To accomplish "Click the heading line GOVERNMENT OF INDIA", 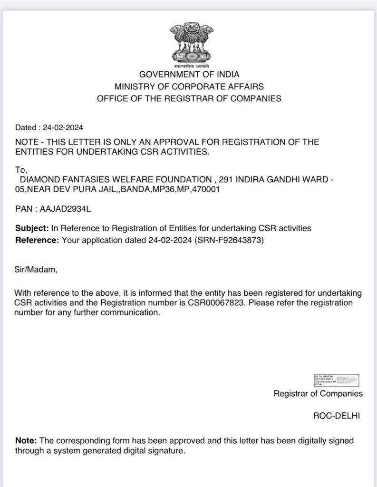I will [x=189, y=75].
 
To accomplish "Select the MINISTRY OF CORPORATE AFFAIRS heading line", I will [x=189, y=87].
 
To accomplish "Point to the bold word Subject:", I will [x=31, y=228].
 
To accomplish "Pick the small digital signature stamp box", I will [x=336, y=380].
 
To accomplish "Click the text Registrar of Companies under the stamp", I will [x=318, y=394].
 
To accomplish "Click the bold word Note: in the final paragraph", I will [x=25, y=441].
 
